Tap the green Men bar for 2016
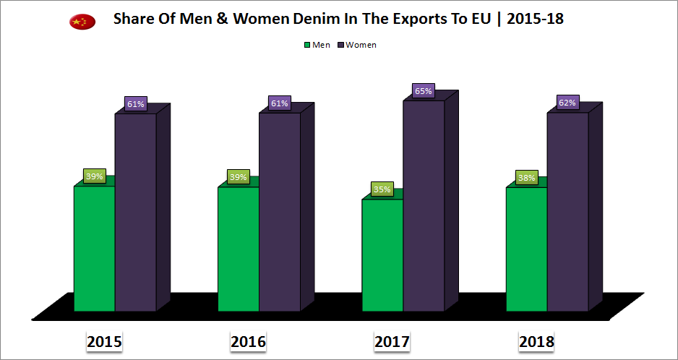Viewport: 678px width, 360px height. pos(238,249)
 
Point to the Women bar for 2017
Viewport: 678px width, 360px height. pos(424,205)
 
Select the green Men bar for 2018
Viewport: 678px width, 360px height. pos(526,249)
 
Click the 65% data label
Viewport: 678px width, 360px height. pos(424,91)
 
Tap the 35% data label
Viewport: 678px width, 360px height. pos(382,189)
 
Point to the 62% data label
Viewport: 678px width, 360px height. pos(567,103)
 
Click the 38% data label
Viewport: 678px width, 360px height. pos(526,177)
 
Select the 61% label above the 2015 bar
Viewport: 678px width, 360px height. pos(135,104)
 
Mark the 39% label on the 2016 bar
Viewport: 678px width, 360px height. pos(238,177)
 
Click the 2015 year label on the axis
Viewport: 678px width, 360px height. pos(104,341)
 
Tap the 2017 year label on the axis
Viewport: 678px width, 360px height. pos(392,341)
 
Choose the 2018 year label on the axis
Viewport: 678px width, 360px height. pos(536,341)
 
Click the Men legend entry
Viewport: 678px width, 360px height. pos(317,45)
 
